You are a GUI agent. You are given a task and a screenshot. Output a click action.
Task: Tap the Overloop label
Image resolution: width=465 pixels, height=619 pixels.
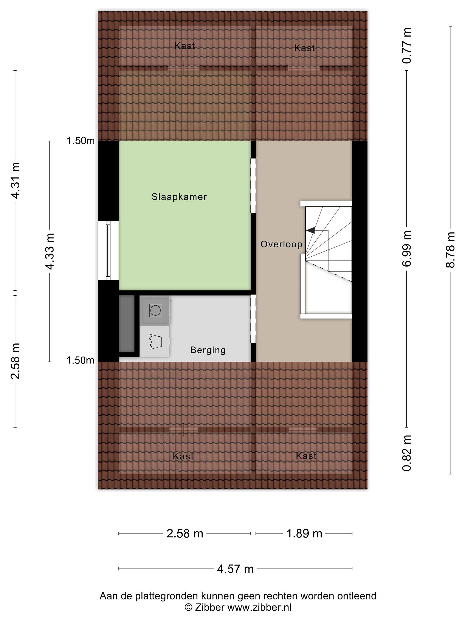tap(281, 244)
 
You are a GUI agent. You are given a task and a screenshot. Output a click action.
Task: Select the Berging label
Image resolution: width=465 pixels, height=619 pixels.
tap(208, 350)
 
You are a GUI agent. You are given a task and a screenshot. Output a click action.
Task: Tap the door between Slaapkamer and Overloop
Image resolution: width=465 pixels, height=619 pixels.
tap(253, 185)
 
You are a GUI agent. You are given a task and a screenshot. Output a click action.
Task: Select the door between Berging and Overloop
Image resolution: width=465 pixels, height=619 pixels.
tap(253, 319)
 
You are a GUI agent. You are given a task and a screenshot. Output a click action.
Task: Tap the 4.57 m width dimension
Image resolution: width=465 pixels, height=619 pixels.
tap(236, 569)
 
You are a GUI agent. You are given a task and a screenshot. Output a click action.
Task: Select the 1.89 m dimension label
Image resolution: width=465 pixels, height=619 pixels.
tap(304, 534)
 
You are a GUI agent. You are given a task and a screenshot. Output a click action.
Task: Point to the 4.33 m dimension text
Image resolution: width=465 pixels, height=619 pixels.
tap(50, 251)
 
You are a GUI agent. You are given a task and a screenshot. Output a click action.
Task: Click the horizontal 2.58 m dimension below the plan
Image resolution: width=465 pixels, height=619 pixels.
tap(185, 534)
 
